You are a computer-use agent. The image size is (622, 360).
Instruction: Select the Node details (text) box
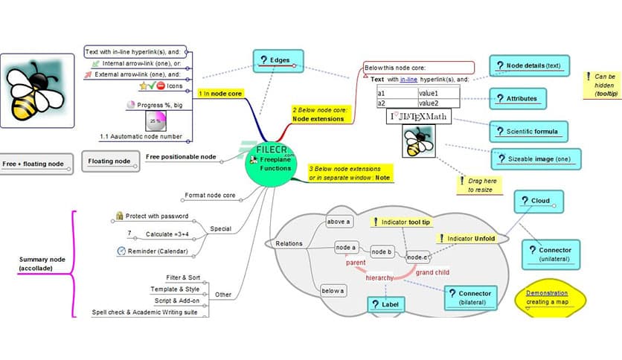coord(528,65)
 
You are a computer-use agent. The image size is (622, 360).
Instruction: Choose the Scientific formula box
coord(528,132)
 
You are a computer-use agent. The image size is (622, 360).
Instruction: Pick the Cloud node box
coord(538,201)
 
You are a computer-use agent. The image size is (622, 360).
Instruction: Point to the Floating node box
coord(109,161)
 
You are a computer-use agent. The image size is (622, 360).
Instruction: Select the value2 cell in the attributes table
coord(439,103)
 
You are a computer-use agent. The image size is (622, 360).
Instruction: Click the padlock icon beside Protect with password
coord(119,216)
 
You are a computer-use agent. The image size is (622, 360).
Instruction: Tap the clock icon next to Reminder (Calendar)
coord(121,251)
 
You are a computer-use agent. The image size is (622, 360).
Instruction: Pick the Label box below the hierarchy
coord(386,303)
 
